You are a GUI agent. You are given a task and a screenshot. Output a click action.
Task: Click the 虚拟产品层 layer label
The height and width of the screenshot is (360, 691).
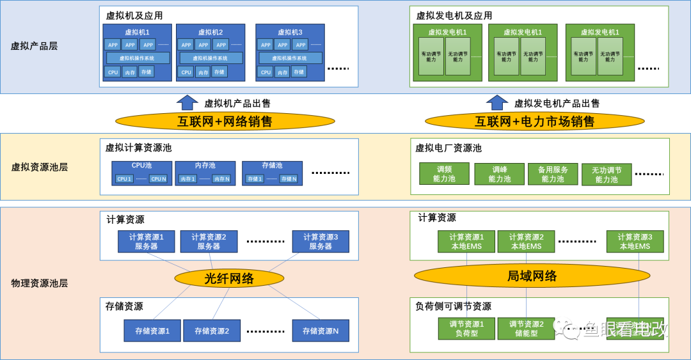click(x=35, y=46)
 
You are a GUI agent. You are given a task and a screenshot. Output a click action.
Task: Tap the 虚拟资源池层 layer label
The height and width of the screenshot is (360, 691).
click(x=40, y=167)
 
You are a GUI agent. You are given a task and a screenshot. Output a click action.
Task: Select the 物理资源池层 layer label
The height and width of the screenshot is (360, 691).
click(x=40, y=283)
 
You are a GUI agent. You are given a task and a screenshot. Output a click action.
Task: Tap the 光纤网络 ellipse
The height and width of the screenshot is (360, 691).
click(x=229, y=278)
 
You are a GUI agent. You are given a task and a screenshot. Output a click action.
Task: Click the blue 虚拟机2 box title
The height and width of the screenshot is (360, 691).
click(x=210, y=32)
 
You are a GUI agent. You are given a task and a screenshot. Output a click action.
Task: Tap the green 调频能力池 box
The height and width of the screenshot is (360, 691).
click(x=444, y=174)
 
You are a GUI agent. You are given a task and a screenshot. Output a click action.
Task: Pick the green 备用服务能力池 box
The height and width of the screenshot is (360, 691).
click(x=553, y=174)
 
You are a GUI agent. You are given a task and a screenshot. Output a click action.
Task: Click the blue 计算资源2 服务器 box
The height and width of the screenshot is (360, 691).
click(x=209, y=241)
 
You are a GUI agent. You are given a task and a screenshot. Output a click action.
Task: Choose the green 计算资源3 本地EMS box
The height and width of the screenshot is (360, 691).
click(x=634, y=241)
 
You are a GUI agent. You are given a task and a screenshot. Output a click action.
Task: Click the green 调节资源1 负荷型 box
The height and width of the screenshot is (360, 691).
click(x=466, y=328)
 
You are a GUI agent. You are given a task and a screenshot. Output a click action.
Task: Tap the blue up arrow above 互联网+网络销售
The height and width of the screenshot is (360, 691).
click(x=187, y=102)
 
